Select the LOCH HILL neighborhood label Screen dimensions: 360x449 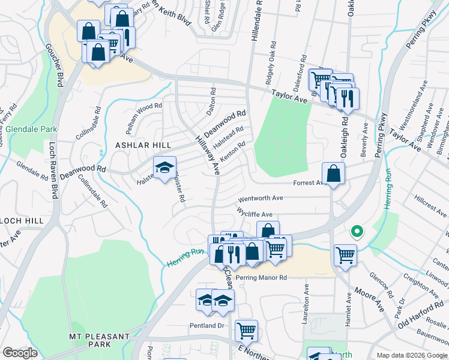[x=22, y=221]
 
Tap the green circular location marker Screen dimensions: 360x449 [x=357, y=231]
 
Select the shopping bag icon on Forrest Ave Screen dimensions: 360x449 [x=333, y=174]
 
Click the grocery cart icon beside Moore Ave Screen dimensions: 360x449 [x=345, y=255]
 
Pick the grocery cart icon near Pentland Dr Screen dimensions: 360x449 [x=246, y=330]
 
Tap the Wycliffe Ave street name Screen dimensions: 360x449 [x=255, y=214]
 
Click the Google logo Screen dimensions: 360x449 [x=20, y=352]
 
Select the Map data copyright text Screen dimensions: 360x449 [x=411, y=355]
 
